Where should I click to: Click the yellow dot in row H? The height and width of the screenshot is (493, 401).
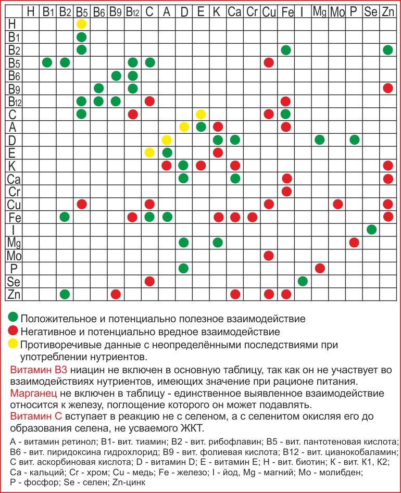[x=81, y=24]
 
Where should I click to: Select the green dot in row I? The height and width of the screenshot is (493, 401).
[x=371, y=230]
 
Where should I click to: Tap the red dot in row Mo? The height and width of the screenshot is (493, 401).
[x=269, y=256]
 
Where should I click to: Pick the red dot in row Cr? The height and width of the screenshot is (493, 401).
[x=286, y=191]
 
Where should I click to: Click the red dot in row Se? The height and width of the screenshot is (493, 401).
[x=149, y=281]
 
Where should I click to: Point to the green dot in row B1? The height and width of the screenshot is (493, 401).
[x=81, y=37]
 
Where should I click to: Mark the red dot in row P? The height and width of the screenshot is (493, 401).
[x=320, y=268]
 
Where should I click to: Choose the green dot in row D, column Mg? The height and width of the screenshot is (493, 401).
[x=320, y=140]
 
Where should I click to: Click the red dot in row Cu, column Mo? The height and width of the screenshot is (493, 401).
[x=337, y=204]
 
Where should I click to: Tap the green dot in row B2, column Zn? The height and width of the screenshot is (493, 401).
[x=387, y=50]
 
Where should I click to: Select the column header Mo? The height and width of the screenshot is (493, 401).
[x=337, y=11]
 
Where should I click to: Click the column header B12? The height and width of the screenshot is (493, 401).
[x=133, y=11]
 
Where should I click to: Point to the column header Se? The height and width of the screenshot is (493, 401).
[x=371, y=11]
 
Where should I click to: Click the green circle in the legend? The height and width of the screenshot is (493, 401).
[x=14, y=317]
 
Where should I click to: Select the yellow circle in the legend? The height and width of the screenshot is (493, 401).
[x=14, y=344]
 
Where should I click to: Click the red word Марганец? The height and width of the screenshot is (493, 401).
[x=32, y=394]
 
